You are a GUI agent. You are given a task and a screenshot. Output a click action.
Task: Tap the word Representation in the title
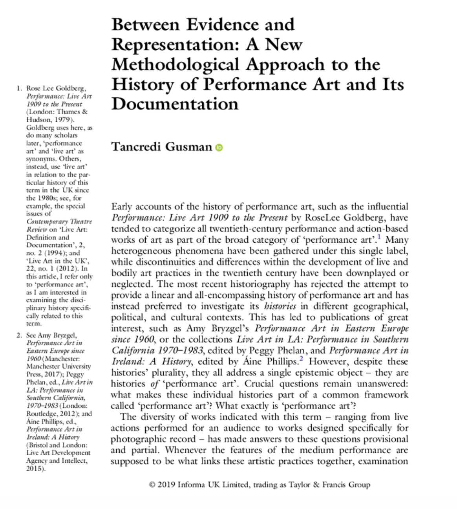(x=175, y=45)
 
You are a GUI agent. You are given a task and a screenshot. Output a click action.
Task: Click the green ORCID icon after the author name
(x=219, y=148)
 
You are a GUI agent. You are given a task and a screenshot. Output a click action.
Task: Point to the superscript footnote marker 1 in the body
(x=379, y=237)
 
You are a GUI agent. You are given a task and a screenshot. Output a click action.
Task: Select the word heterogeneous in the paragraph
(x=141, y=251)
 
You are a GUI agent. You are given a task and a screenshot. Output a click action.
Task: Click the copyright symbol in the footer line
(x=152, y=485)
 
